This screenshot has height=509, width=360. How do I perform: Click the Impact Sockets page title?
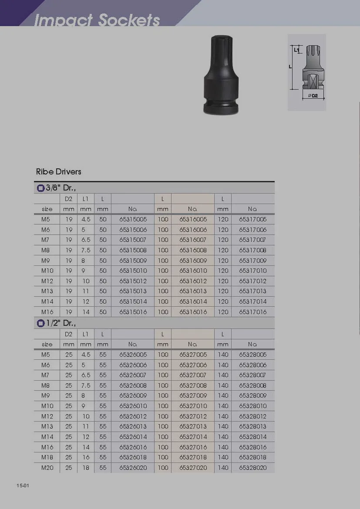pyautogui.click(x=97, y=20)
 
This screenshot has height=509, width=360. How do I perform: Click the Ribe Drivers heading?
pyautogui.click(x=58, y=171)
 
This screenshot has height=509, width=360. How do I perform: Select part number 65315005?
pyautogui.click(x=133, y=219)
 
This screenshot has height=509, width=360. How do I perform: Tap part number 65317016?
pyautogui.click(x=253, y=312)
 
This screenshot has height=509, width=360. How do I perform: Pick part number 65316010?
pyautogui.click(x=193, y=271)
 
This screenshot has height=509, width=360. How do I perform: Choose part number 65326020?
pyautogui.click(x=133, y=468)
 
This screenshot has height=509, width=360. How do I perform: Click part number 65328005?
pyautogui.click(x=253, y=355)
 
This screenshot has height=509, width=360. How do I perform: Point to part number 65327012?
pyautogui.click(x=193, y=416)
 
